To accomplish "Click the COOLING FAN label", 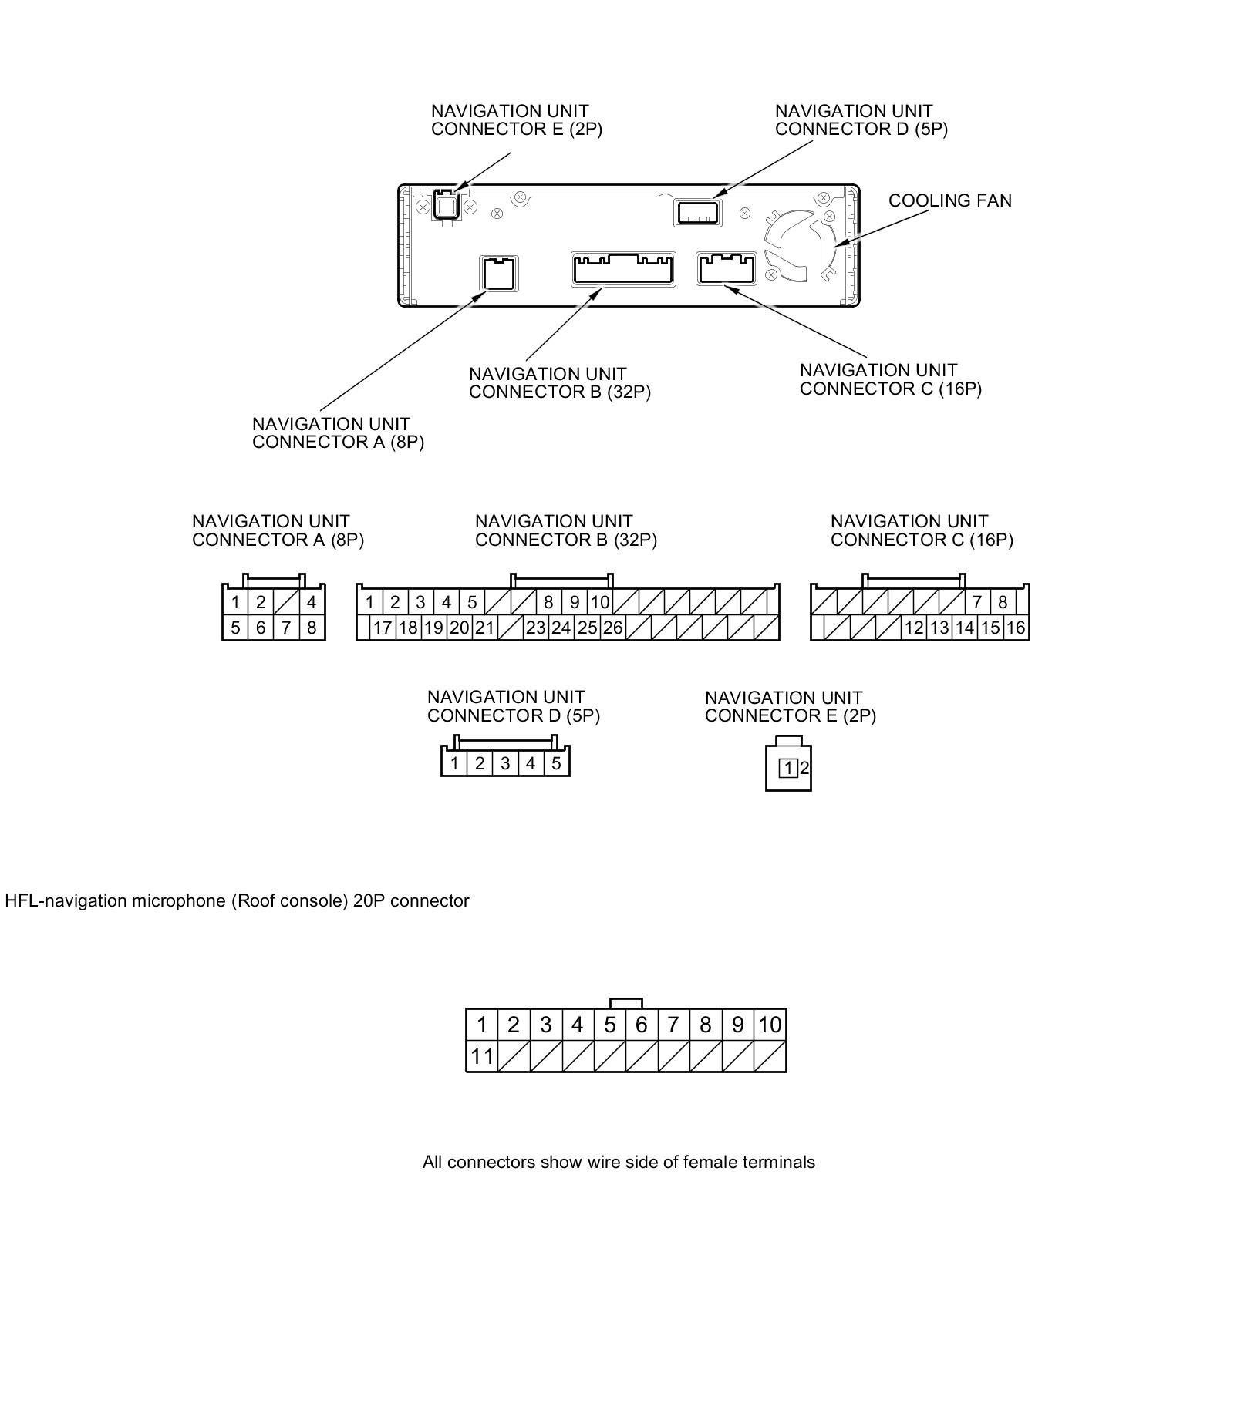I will (x=949, y=200).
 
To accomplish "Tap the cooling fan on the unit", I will (x=800, y=244).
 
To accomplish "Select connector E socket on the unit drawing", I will (x=445, y=204).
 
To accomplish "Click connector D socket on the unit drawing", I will (x=696, y=211).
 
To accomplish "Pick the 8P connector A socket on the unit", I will (x=498, y=274).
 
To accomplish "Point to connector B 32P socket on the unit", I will (x=622, y=269).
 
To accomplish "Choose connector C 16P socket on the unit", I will (x=727, y=268).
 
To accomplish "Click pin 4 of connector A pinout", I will (x=312, y=602).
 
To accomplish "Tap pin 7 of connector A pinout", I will (x=286, y=628).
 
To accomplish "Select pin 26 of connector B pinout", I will (x=612, y=628).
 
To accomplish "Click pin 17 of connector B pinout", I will (x=383, y=628).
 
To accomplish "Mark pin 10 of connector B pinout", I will (x=599, y=602).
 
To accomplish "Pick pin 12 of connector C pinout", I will (x=914, y=628).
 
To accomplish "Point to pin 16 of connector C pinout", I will (x=1016, y=628).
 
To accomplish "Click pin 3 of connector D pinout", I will (x=505, y=763).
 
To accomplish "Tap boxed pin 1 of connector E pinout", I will (x=787, y=768).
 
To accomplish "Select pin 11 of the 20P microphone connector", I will (x=481, y=1055).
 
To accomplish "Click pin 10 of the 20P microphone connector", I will (x=770, y=1025).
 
